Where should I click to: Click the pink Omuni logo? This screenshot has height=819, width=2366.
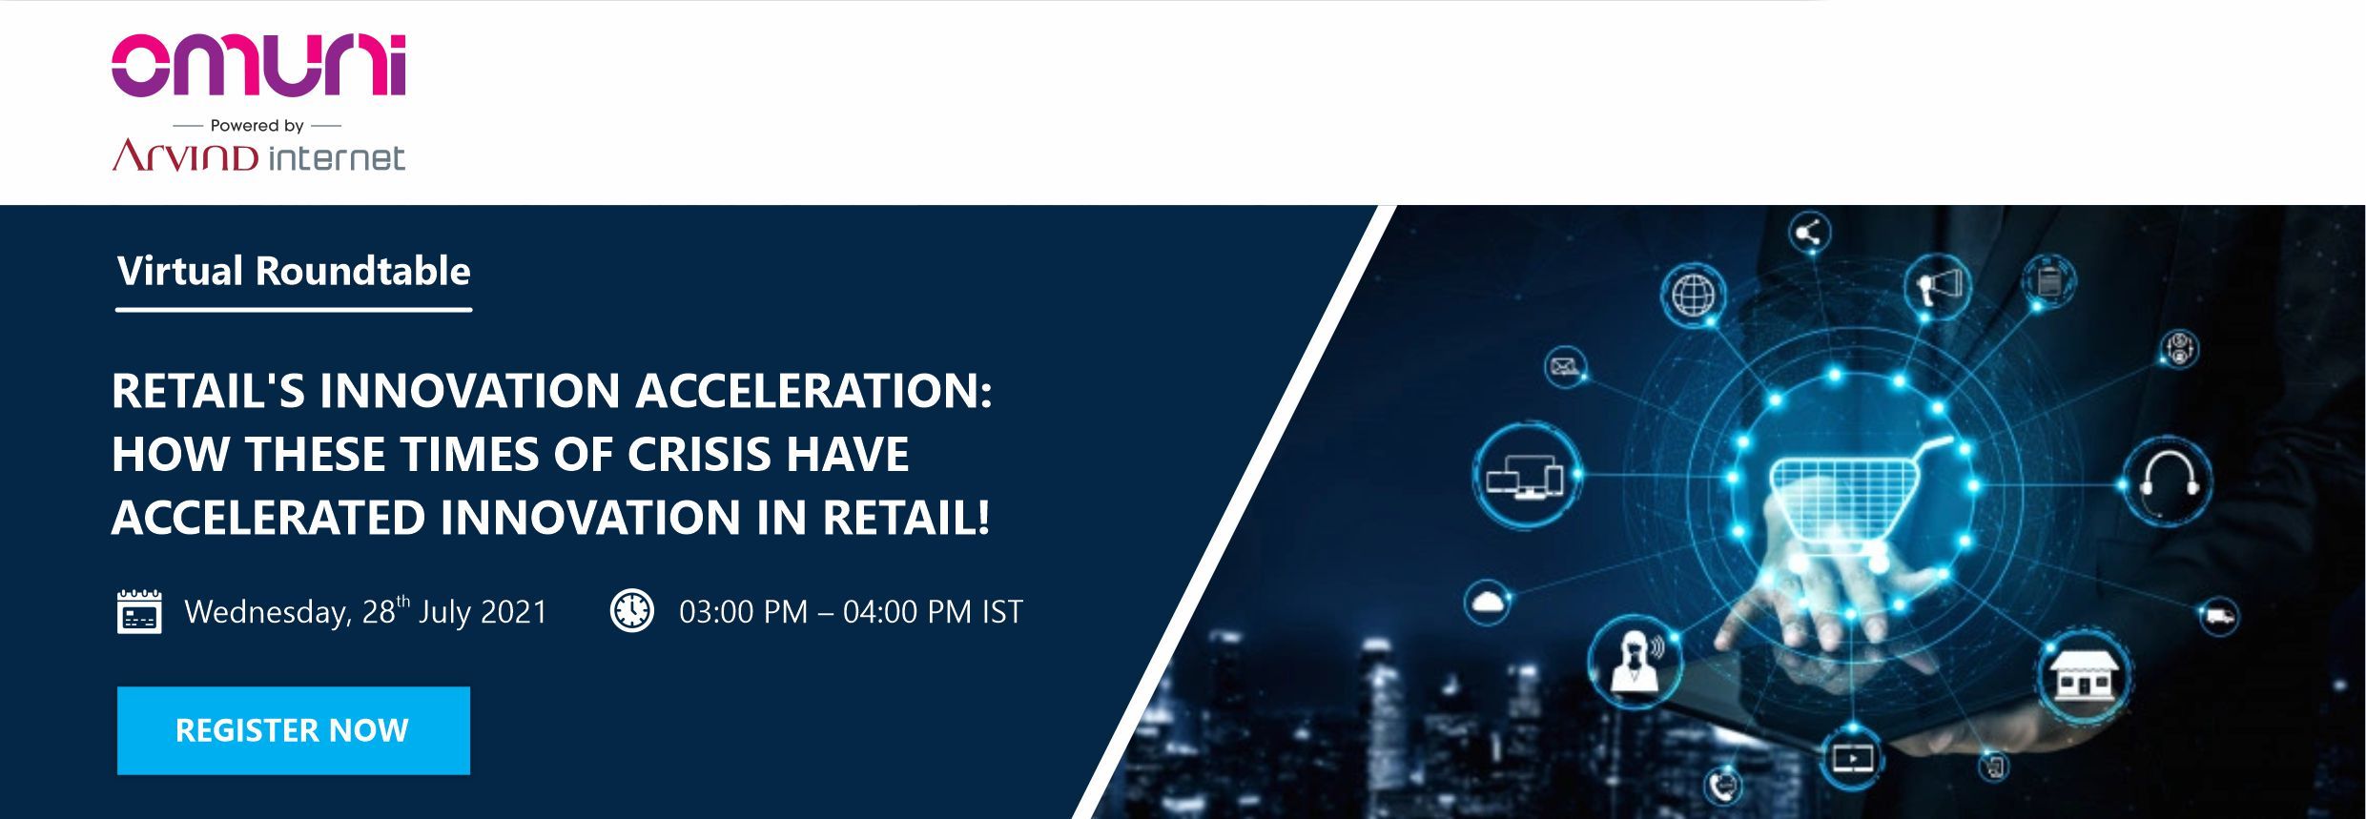pyautogui.click(x=258, y=66)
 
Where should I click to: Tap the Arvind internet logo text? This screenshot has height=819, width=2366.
pyautogui.click(x=258, y=155)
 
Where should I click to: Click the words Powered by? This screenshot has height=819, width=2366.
pyautogui.click(x=257, y=125)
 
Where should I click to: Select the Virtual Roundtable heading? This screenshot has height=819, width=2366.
pyautogui.click(x=294, y=271)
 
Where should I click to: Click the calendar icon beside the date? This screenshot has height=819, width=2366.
pyautogui.click(x=139, y=611)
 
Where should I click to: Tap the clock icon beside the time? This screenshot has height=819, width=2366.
pyautogui.click(x=631, y=610)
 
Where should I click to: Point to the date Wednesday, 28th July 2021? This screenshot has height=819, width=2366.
pyautogui.click(x=366, y=611)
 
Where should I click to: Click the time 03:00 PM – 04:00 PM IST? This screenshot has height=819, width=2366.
pyautogui.click(x=851, y=611)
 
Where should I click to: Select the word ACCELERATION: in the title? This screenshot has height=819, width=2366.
pyautogui.click(x=813, y=391)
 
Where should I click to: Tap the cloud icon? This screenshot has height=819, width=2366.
pyautogui.click(x=1488, y=603)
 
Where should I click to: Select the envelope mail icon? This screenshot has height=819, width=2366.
pyautogui.click(x=1564, y=367)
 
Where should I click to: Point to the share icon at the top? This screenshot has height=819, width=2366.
pyautogui.click(x=1808, y=232)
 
